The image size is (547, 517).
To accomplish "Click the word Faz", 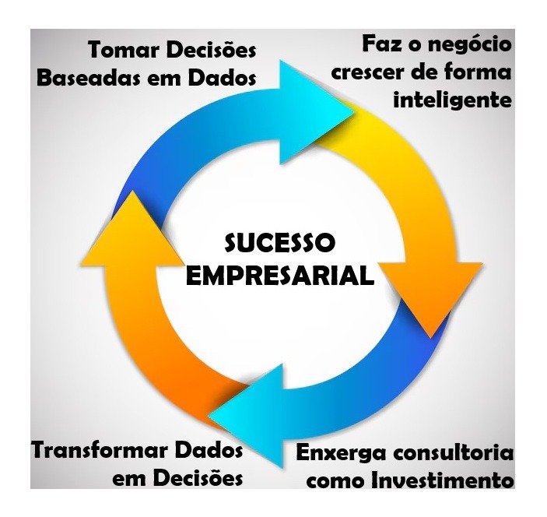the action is tap(381, 44).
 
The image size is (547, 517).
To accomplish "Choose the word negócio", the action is tap(468, 44).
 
